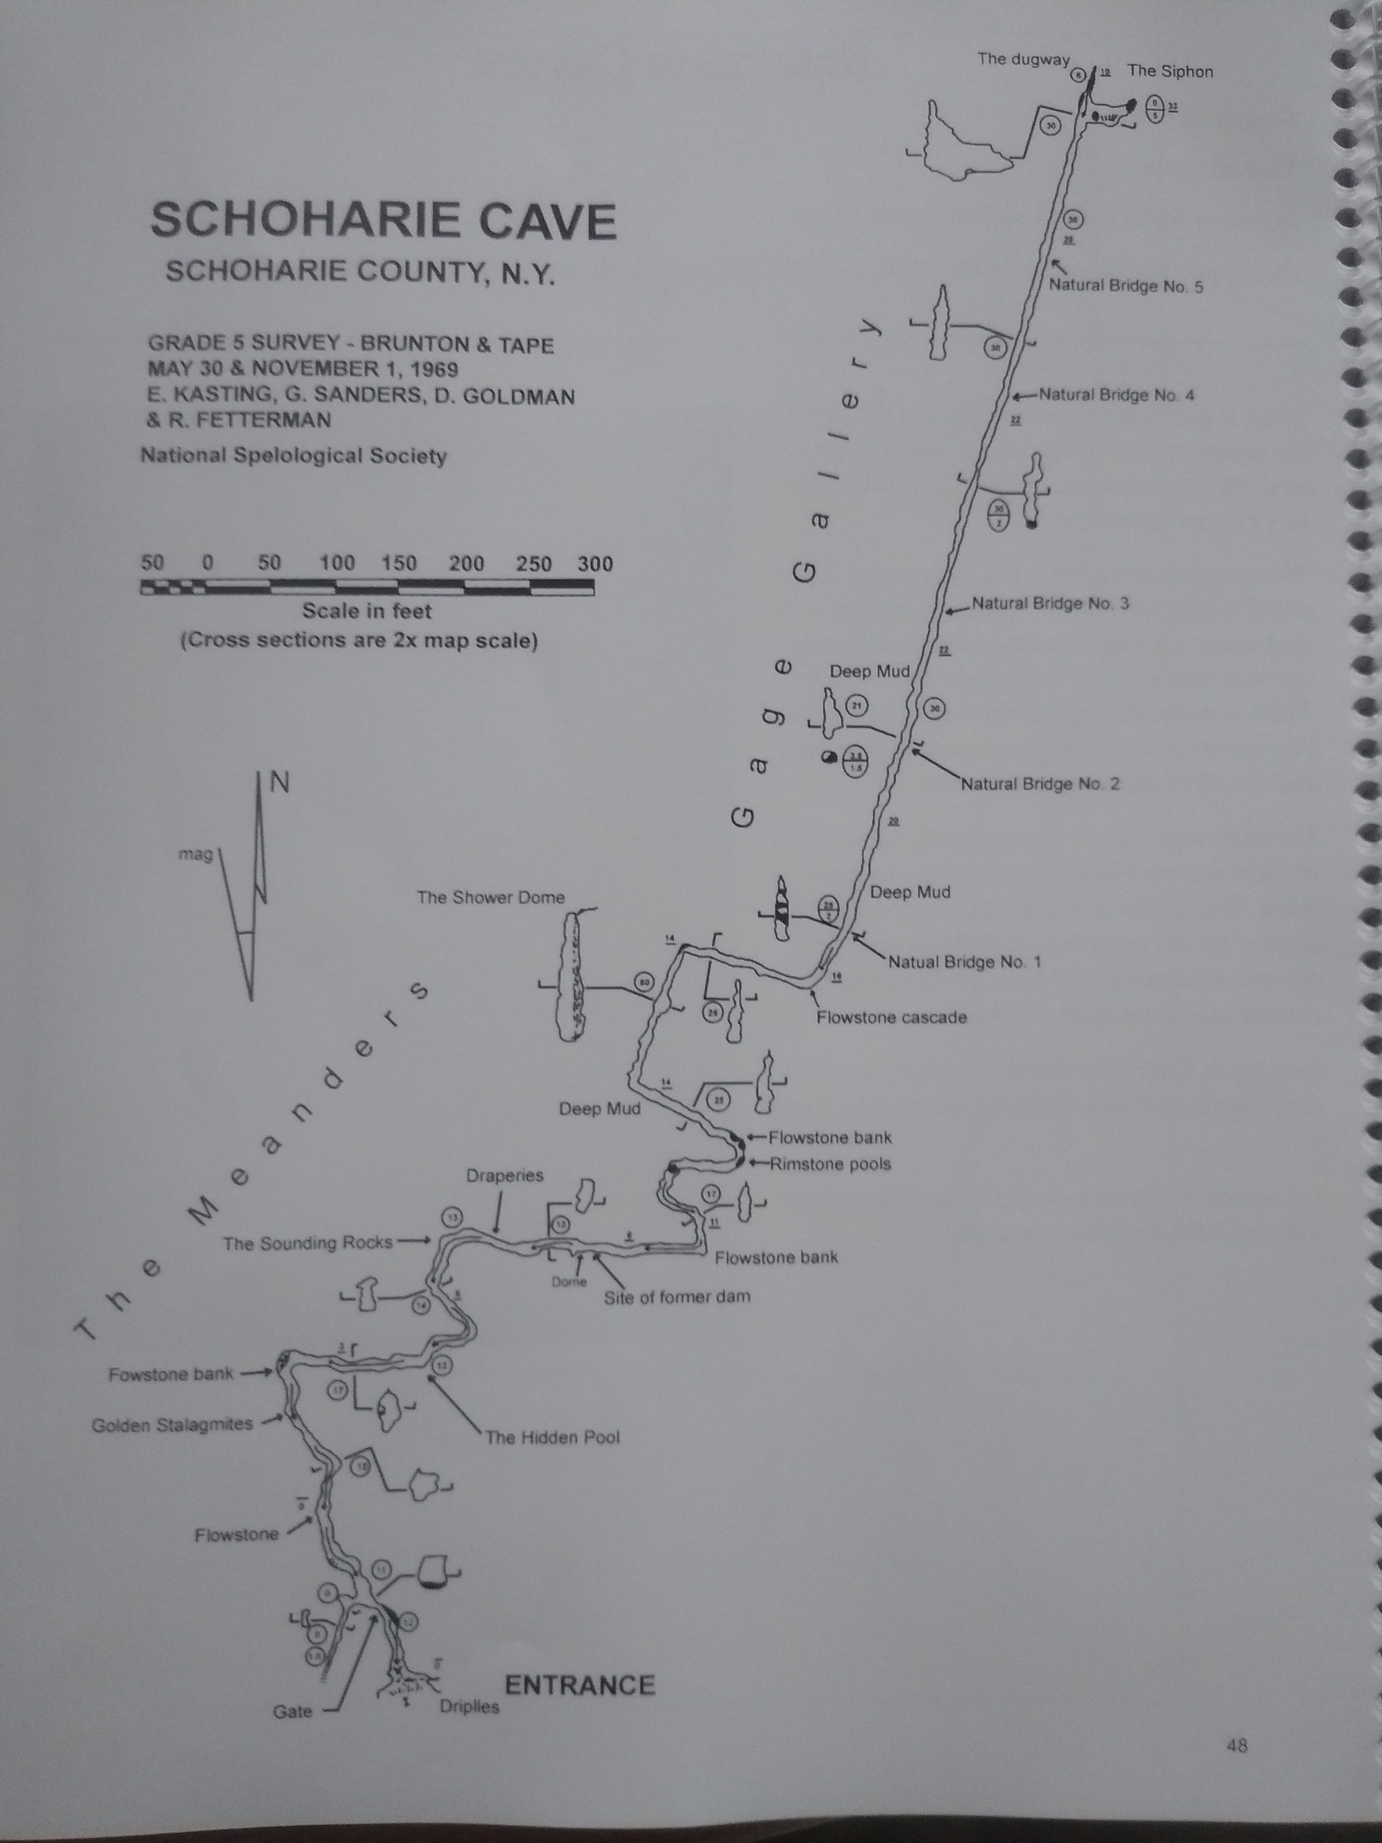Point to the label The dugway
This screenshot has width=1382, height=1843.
pyautogui.click(x=1023, y=59)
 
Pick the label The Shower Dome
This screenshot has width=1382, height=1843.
pyautogui.click(x=491, y=897)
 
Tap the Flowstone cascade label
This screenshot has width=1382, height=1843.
pyautogui.click(x=891, y=1017)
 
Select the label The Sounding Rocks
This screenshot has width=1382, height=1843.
pyautogui.click(x=307, y=1243)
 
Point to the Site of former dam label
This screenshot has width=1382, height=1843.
pyautogui.click(x=677, y=1296)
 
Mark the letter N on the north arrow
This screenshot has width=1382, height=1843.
pyautogui.click(x=281, y=783)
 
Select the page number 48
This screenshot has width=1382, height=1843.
pyautogui.click(x=1236, y=1744)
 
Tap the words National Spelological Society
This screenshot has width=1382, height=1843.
pyautogui.click(x=293, y=456)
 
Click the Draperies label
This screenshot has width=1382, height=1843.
pyautogui.click(x=505, y=1176)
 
